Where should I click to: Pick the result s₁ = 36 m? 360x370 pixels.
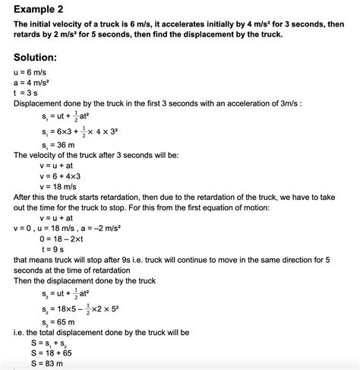(62, 144)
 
